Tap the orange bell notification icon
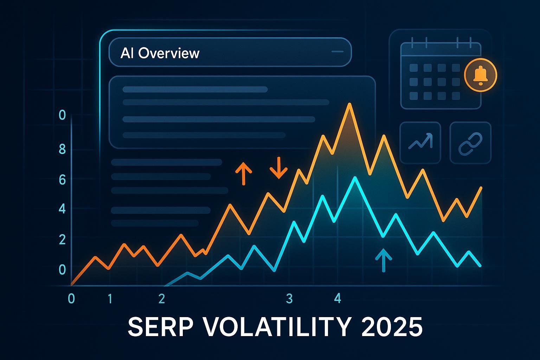(x=481, y=75)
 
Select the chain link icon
(x=470, y=144)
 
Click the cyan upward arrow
(x=384, y=261)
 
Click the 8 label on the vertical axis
(x=62, y=149)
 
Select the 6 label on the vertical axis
(x=62, y=180)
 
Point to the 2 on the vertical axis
(x=62, y=239)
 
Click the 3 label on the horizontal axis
(x=289, y=298)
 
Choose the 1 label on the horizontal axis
(x=110, y=299)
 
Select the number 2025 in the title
(x=392, y=327)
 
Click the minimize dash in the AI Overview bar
(x=337, y=52)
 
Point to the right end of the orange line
(x=481, y=188)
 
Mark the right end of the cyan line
(x=481, y=266)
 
